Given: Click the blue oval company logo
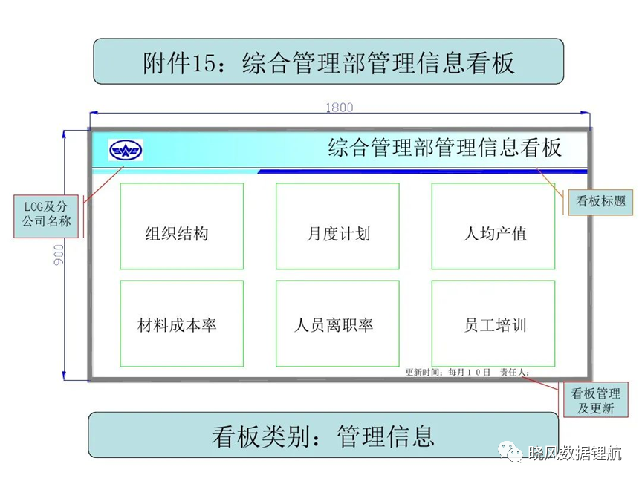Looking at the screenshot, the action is pyautogui.click(x=126, y=150).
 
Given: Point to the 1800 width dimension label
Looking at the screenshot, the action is pyautogui.click(x=340, y=107).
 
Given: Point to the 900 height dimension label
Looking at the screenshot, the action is pyautogui.click(x=59, y=255).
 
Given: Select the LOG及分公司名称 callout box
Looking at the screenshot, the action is pyautogui.click(x=46, y=216).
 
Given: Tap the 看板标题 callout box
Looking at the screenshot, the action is pyautogui.click(x=600, y=202).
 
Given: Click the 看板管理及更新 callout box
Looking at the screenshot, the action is pyautogui.click(x=596, y=399).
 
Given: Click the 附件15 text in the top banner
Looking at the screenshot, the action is pyautogui.click(x=178, y=63).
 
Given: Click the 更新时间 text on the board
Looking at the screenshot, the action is pyautogui.click(x=422, y=372).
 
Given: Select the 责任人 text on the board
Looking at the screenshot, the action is pyautogui.click(x=512, y=372).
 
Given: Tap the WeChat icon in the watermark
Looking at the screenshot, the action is pyautogui.click(x=510, y=451).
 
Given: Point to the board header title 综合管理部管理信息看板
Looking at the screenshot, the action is pyautogui.click(x=444, y=148).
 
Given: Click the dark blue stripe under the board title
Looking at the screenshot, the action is pyautogui.click(x=423, y=171).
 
